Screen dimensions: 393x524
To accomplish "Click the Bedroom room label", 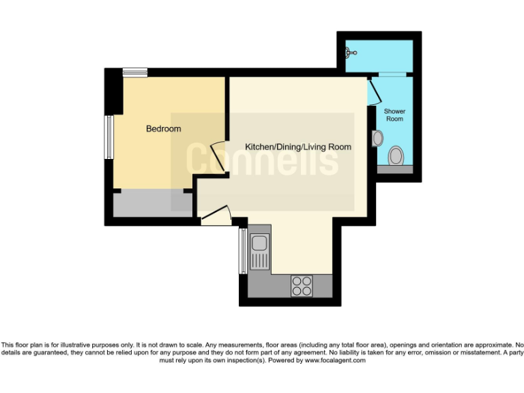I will click(164, 129).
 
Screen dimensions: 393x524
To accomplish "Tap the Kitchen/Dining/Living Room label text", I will click(298, 147).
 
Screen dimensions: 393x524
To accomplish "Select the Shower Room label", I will click(394, 115).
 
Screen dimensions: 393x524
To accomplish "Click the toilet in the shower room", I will click(395, 157).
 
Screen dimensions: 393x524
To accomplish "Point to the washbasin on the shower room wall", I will click(377, 139).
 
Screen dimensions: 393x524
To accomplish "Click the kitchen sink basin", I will click(259, 242).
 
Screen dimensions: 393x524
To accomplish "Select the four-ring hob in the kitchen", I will click(302, 286).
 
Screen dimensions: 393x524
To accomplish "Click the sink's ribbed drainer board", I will click(259, 260).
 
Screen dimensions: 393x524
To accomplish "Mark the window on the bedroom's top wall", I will click(134, 72).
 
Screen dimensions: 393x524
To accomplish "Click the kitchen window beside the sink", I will click(242, 250).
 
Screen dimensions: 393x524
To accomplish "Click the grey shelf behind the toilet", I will click(395, 169).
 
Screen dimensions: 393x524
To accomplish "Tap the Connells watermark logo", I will click(262, 160).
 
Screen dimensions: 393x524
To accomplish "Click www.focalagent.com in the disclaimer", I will click(334, 360).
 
